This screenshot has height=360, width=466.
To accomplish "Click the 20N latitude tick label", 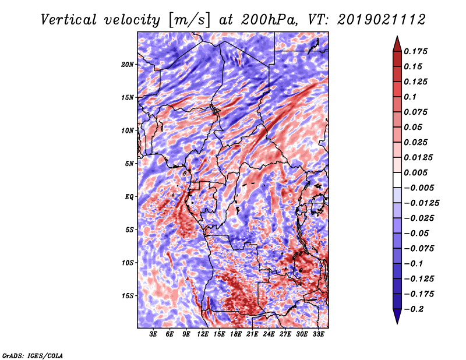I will [x=128, y=64].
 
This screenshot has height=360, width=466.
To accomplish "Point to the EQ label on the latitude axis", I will [x=129, y=197].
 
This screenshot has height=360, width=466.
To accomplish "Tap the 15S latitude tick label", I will [x=128, y=296].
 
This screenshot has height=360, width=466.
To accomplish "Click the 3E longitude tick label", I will [x=154, y=334].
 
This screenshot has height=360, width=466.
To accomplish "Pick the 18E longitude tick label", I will [x=236, y=334].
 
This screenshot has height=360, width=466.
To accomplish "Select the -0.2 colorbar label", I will [x=414, y=309].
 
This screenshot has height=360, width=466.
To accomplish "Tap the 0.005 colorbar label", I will [x=416, y=172].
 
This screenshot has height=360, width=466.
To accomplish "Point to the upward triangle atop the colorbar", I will [x=397, y=43].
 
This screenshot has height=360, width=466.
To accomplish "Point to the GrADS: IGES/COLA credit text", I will [x=33, y=355].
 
